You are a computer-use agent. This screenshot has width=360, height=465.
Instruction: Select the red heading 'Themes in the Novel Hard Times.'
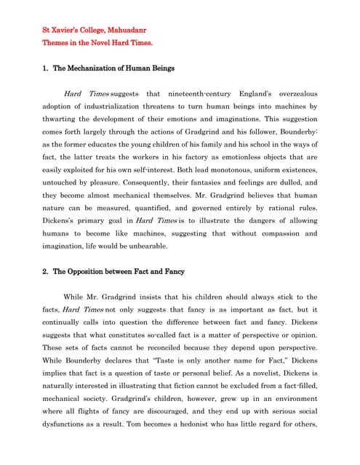(x=97, y=44)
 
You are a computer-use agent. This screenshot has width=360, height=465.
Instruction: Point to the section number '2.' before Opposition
(x=46, y=271)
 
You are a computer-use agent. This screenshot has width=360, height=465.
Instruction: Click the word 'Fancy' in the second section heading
(x=169, y=271)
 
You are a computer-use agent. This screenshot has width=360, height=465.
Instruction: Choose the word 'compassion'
(x=279, y=233)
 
